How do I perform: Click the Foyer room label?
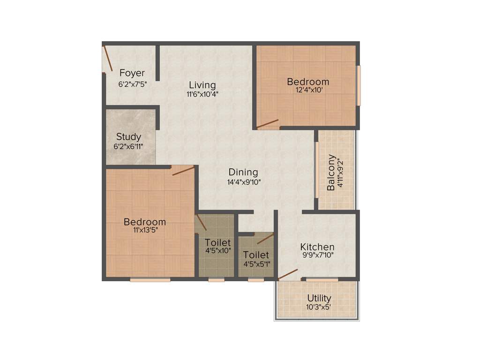(x=132, y=73)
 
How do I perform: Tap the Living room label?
(x=202, y=85)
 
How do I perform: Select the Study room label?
(x=128, y=137)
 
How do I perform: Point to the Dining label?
(x=243, y=172)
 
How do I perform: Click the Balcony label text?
(x=331, y=172)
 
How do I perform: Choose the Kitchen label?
(x=317, y=247)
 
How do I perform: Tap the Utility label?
(x=319, y=298)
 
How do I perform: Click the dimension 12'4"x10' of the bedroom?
(x=308, y=91)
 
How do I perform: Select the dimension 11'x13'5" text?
(x=145, y=231)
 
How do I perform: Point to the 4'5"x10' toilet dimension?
(x=217, y=251)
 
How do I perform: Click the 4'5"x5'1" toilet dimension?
(x=256, y=264)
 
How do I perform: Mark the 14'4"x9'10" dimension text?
(x=243, y=181)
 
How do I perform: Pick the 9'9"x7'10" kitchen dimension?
(x=317, y=255)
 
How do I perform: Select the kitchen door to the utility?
(x=287, y=275)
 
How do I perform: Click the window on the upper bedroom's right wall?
(x=359, y=85)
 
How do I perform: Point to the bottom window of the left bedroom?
(x=150, y=280)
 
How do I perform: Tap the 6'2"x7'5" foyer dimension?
(x=133, y=85)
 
